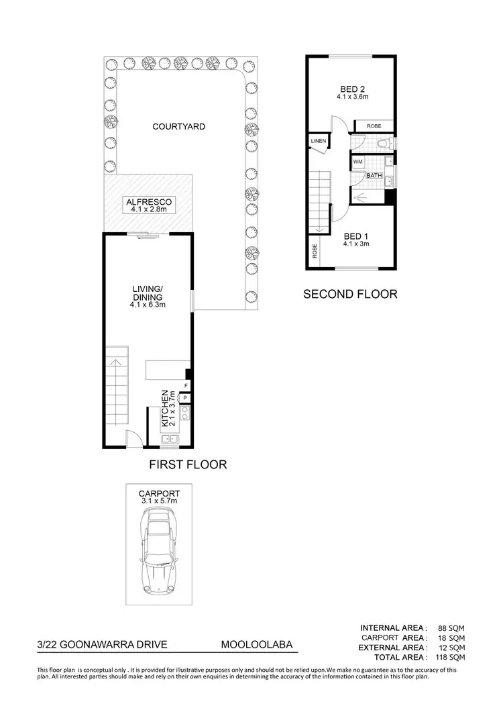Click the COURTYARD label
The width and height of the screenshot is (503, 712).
178,126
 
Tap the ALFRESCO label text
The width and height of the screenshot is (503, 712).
148,201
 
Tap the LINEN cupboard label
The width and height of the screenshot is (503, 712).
318,140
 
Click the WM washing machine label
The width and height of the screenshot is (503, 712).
357,162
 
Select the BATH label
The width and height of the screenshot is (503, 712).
374,176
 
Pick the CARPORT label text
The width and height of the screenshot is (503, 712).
159,493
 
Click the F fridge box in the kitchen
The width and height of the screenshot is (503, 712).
186,386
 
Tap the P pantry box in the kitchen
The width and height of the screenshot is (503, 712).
186,398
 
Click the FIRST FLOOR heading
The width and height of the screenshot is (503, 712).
187,464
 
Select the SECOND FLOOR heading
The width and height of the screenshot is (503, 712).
350,294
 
